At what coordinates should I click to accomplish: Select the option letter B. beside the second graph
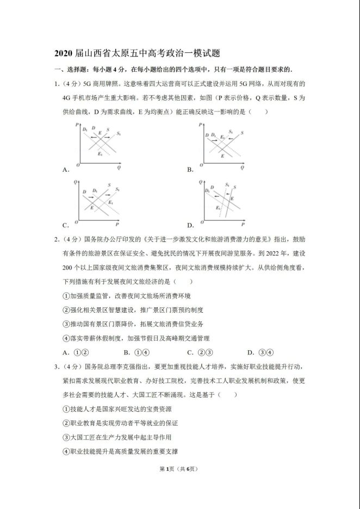pyautogui.click(x=190, y=170)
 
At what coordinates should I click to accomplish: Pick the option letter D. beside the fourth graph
pyautogui.click(x=190, y=225)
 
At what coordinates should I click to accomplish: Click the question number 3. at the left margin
pyautogui.click(x=57, y=366)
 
